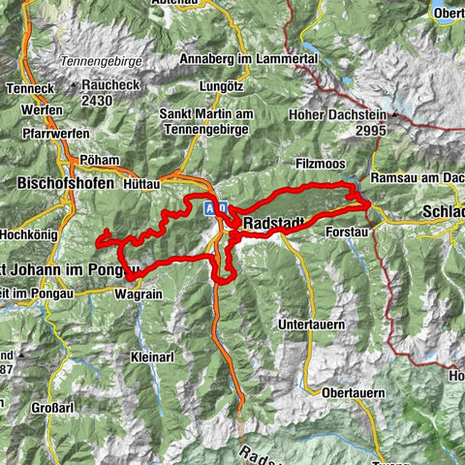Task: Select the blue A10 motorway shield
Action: [216, 208]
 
